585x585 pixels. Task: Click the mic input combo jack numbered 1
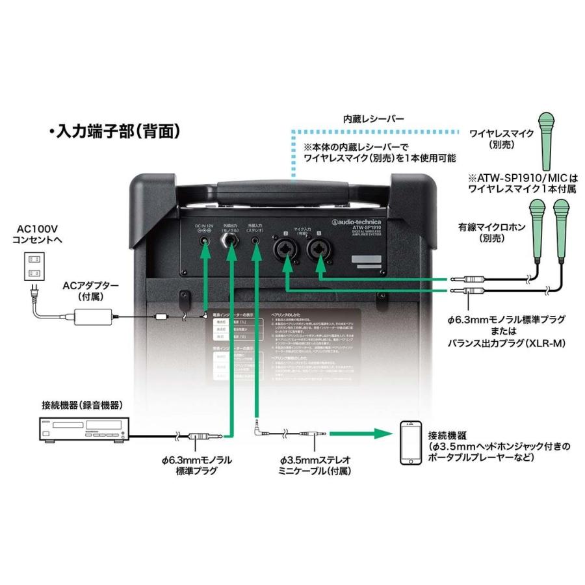[x=319, y=249]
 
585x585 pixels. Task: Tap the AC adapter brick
[x=95, y=317]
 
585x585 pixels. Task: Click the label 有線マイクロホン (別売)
[x=484, y=233]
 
